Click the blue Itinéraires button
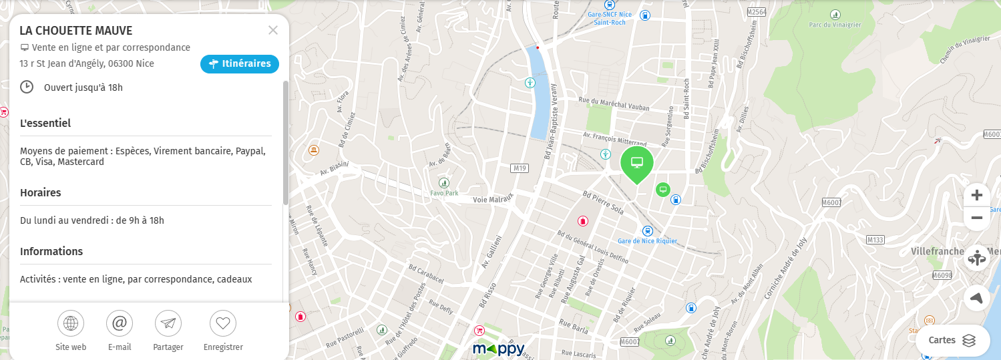tap(239, 64)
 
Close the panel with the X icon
tap(272, 30)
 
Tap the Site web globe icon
tap(71, 324)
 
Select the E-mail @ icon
tap(120, 324)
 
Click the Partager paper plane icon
tap(168, 324)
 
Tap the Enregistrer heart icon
tap(223, 324)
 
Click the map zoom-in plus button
tap(977, 195)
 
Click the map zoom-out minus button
tap(977, 218)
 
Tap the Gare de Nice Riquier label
tap(647, 241)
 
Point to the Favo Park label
tap(444, 193)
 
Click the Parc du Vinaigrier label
tap(835, 25)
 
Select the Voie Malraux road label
tap(492, 198)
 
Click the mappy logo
tap(498, 349)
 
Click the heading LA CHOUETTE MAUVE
tap(76, 31)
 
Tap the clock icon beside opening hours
tap(27, 87)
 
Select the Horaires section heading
tap(41, 192)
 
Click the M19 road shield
tap(519, 168)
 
